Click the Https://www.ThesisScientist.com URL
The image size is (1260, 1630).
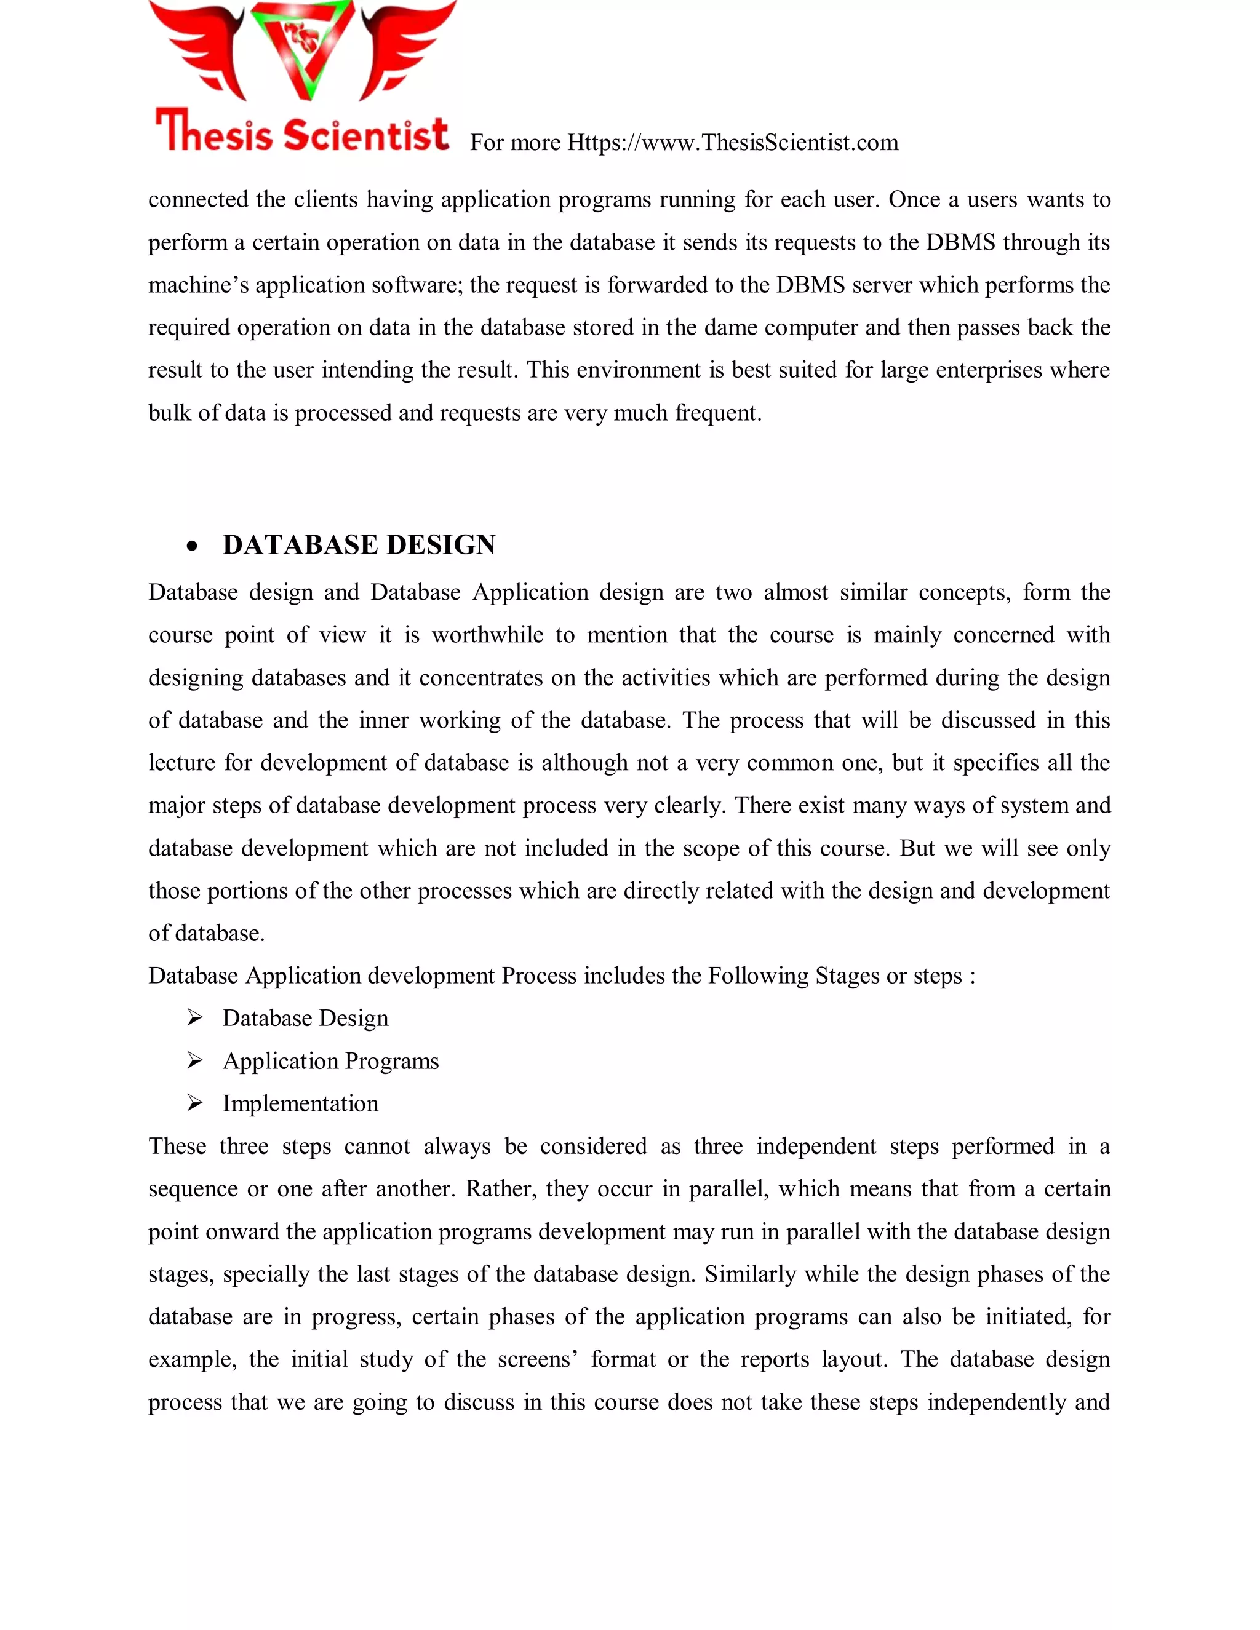click(732, 143)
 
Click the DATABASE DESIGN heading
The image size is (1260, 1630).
click(359, 545)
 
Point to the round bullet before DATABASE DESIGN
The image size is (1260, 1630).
click(193, 547)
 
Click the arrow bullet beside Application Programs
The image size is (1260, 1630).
click(195, 1060)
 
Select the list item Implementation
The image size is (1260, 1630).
click(300, 1104)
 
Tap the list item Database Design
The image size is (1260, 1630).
click(305, 1019)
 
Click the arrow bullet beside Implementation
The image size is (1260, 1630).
click(195, 1103)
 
